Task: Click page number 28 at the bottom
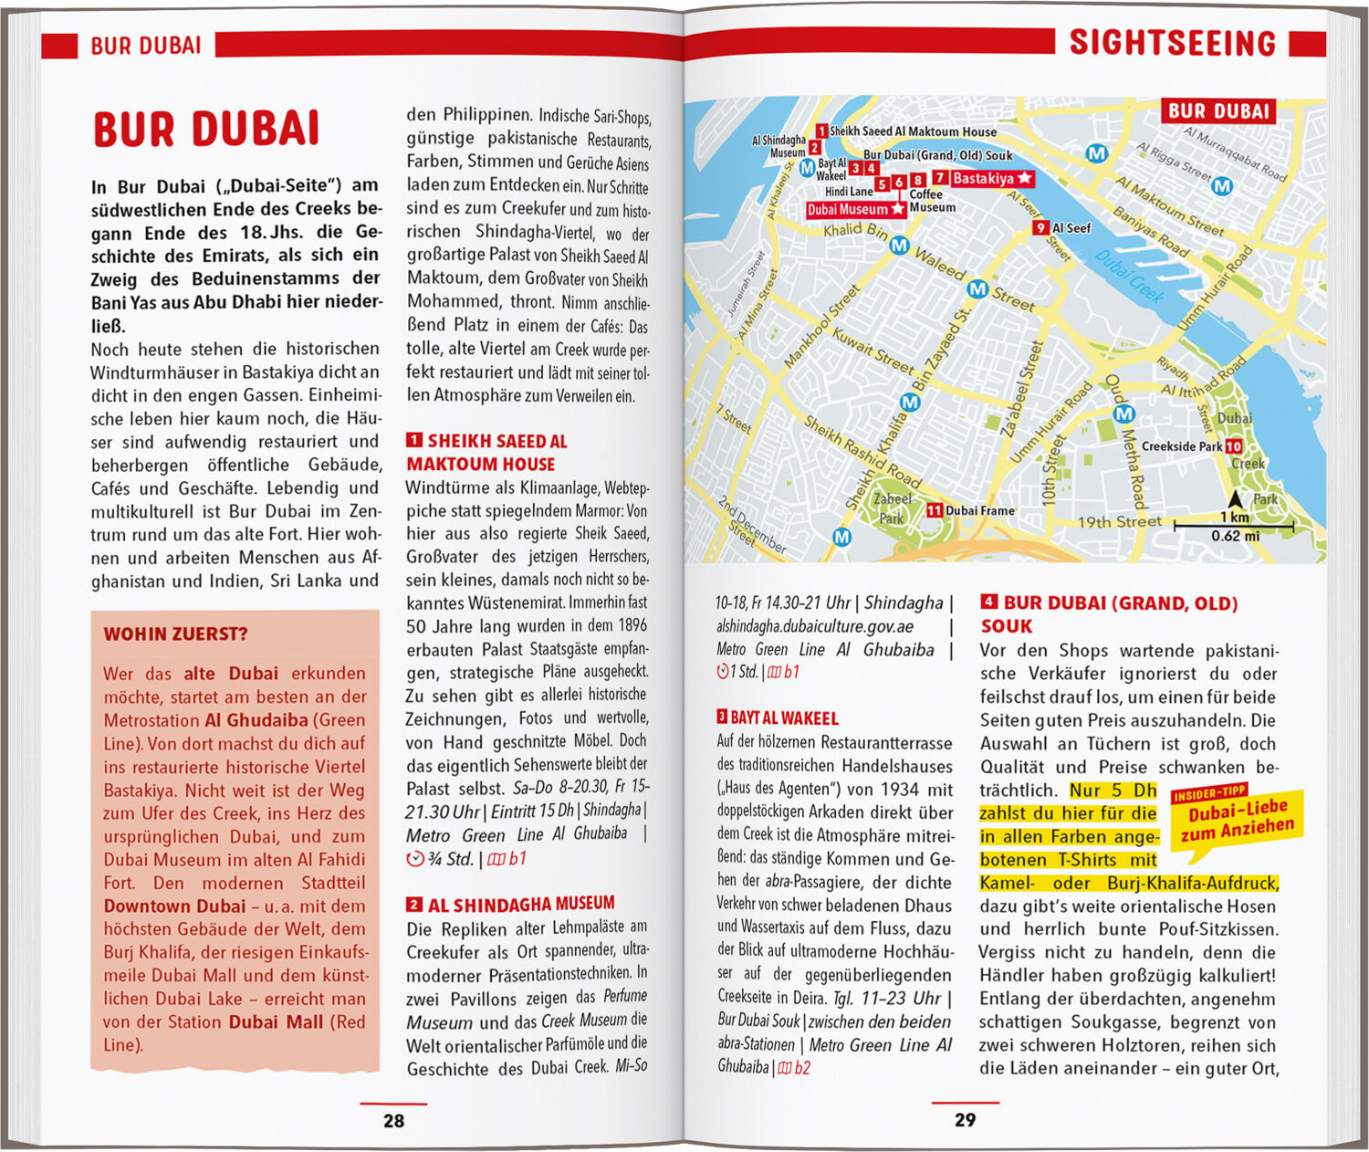click(393, 1120)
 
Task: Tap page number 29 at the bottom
click(965, 1119)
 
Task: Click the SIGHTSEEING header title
click(1172, 43)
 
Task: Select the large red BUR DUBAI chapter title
click(206, 129)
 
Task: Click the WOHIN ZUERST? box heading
click(175, 634)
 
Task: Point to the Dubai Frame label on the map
click(979, 510)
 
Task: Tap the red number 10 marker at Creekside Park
click(1233, 446)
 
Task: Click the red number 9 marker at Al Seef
click(1040, 227)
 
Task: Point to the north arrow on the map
click(1235, 499)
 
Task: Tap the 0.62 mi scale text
click(1235, 536)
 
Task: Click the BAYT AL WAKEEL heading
click(783, 718)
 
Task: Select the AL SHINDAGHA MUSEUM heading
click(520, 904)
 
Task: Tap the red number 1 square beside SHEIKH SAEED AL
click(413, 440)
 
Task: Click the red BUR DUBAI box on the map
click(1219, 111)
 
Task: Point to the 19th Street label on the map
click(1120, 522)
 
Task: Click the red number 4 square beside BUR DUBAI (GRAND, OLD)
click(988, 602)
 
